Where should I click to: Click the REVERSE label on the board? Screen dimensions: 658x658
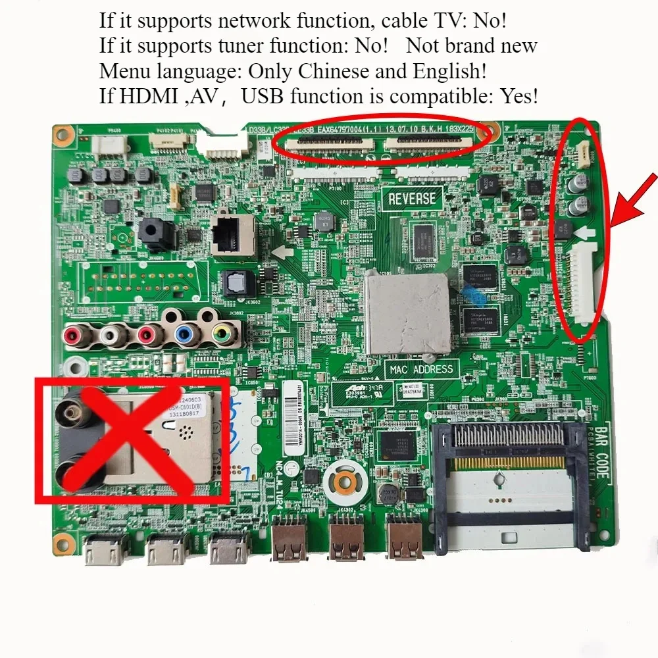point(411,198)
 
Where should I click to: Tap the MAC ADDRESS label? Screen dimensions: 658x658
point(421,370)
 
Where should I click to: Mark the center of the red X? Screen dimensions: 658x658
point(132,440)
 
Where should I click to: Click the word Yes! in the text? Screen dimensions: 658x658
point(519,97)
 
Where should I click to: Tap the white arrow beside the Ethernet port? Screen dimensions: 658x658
point(282,251)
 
